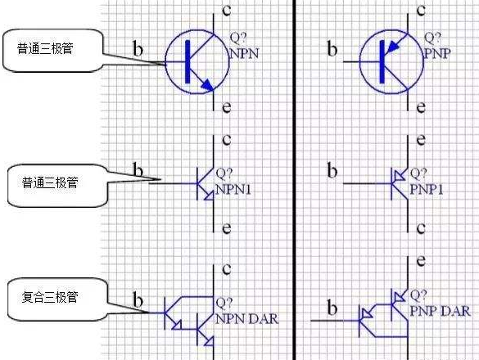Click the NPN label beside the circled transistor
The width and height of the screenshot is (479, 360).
click(244, 53)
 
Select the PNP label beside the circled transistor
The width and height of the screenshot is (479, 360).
click(437, 53)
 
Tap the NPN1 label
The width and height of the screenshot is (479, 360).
click(233, 189)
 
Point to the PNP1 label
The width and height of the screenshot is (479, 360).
click(426, 189)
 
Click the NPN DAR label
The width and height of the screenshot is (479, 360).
click(246, 319)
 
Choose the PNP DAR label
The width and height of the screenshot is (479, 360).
click(440, 311)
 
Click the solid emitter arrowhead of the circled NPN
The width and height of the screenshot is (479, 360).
click(207, 85)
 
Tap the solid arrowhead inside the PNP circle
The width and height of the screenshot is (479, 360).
click(393, 47)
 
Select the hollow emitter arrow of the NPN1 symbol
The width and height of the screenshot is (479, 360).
click(209, 196)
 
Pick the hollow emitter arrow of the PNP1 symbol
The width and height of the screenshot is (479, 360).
click(400, 176)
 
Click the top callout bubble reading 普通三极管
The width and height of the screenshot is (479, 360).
click(52, 51)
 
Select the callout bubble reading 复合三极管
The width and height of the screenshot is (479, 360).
click(57, 299)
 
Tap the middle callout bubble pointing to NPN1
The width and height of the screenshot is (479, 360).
click(57, 186)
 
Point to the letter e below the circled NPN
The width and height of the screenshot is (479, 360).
click(226, 107)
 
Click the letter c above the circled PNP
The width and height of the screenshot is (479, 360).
click(421, 10)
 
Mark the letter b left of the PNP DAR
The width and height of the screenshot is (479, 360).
click(332, 307)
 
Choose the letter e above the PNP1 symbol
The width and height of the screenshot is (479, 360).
click(421, 140)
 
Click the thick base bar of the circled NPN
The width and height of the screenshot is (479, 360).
click(188, 61)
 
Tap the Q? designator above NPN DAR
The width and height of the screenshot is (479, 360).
click(224, 302)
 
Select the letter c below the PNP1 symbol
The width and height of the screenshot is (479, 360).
click(421, 228)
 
